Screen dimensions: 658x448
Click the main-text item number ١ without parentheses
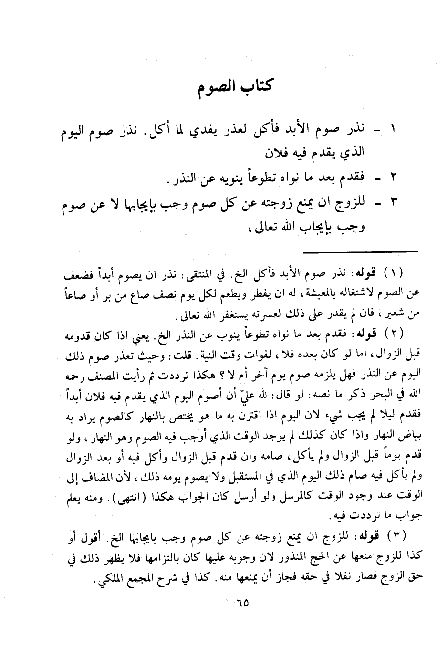point(394,129)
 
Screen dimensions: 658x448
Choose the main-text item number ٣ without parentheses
point(394,206)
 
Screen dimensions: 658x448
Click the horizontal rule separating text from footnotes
point(360,251)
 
